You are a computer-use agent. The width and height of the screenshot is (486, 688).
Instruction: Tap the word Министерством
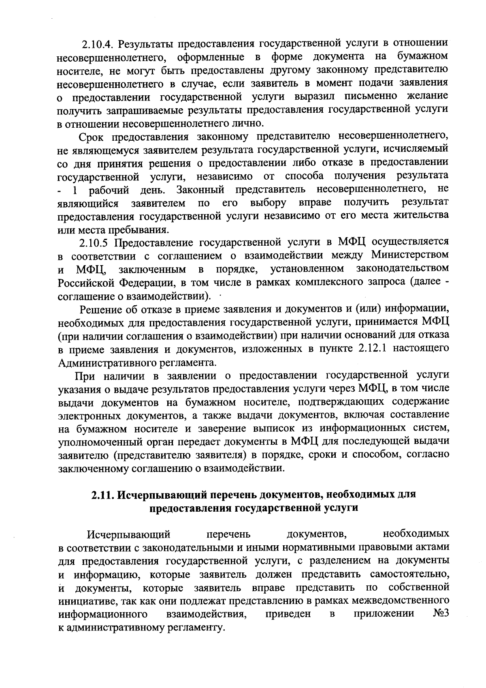click(x=410, y=255)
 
